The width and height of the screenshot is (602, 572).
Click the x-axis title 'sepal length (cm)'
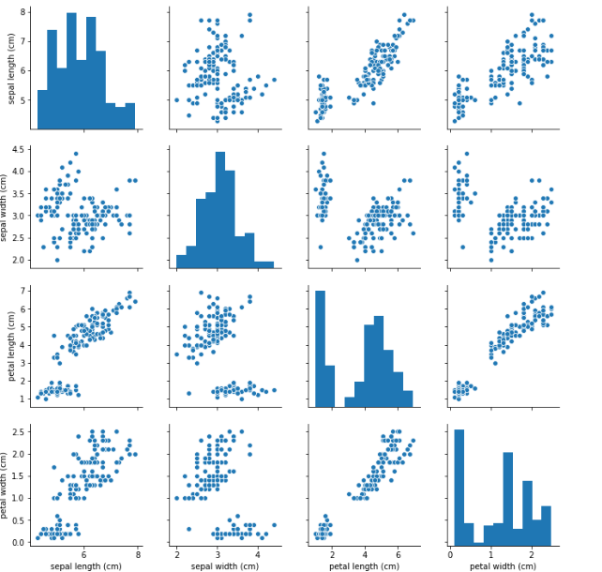coord(84,564)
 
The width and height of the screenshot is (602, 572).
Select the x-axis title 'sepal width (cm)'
coord(224,564)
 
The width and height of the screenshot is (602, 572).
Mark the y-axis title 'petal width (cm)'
coord(8,483)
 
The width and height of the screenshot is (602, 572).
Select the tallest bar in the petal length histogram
coord(320,348)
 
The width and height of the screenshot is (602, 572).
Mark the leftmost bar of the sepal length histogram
coord(42,109)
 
